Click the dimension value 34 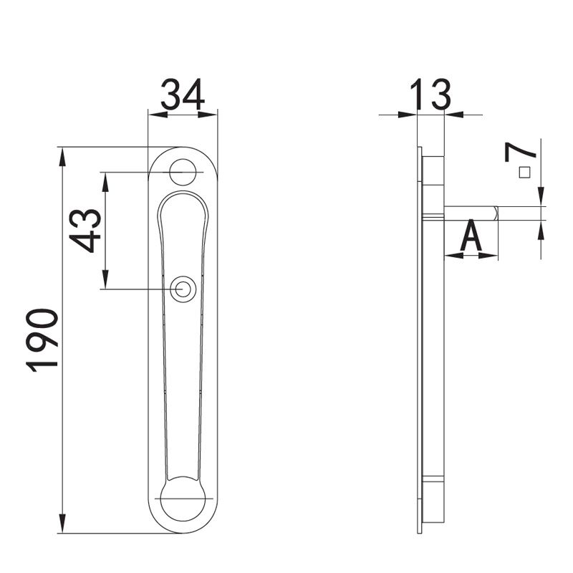click(183, 94)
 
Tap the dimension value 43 click(86, 230)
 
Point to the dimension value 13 click(430, 95)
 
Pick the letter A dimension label click(471, 236)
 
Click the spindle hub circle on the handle click(183, 289)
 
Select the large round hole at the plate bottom click(183, 499)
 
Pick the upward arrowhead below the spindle click(541, 228)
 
